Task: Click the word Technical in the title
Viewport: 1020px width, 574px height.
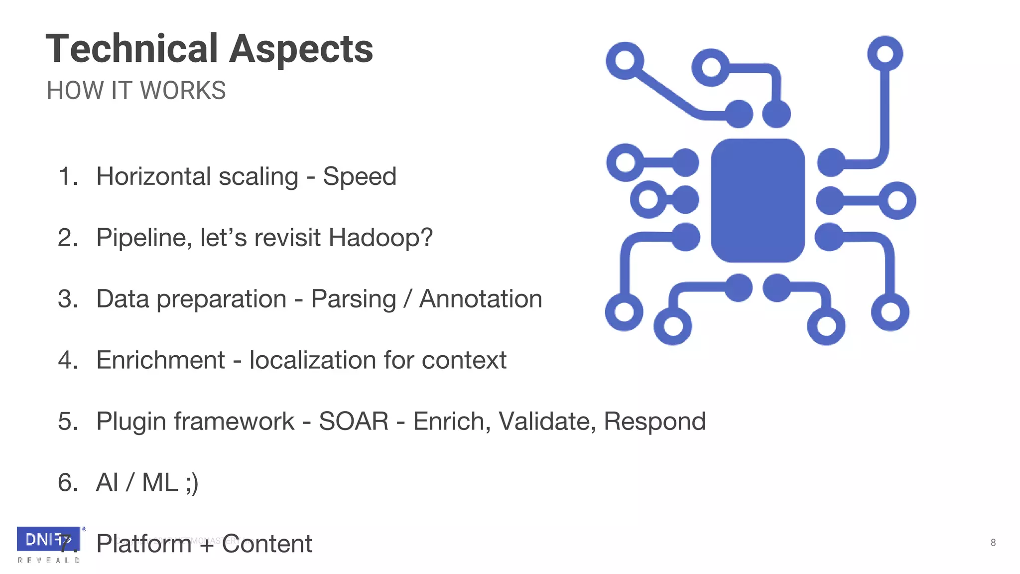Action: coord(132,49)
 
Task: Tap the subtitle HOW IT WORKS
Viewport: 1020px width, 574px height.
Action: coord(136,91)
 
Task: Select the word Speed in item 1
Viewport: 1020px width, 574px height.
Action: coord(360,176)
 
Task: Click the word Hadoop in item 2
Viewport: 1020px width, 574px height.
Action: coord(375,238)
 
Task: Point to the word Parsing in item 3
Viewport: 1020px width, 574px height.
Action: coord(353,299)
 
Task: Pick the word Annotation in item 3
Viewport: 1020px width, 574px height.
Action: coord(481,299)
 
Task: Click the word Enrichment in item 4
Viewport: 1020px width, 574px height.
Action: coord(160,360)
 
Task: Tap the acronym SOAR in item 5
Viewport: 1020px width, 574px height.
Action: coord(354,422)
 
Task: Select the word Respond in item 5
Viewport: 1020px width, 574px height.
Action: coord(654,422)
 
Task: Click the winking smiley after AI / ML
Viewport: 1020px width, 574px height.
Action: coord(192,483)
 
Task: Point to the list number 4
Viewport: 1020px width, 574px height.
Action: coord(67,360)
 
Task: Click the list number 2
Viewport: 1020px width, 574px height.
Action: coord(67,238)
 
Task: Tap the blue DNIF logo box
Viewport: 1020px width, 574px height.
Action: coord(48,539)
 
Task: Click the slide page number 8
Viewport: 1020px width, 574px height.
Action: coord(993,543)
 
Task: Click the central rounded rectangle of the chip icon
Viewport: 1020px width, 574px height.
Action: coord(758,200)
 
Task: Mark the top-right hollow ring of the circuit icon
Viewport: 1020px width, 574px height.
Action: coord(885,53)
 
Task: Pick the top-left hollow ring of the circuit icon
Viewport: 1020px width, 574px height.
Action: coord(625,61)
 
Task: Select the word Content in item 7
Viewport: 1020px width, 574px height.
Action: coord(267,544)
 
